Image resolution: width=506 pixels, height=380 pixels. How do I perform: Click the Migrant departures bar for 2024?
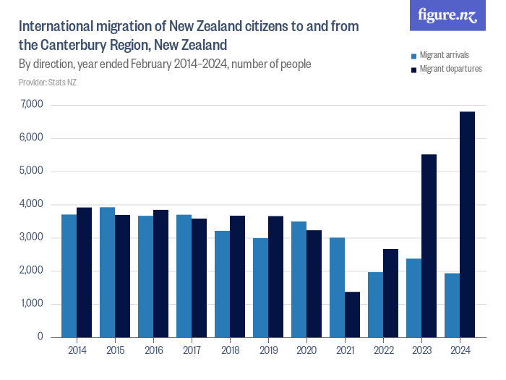467,224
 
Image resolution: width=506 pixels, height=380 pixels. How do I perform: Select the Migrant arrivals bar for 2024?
452,305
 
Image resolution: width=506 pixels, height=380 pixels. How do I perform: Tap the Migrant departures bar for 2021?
352,314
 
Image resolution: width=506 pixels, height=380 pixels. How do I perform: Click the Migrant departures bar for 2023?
429,245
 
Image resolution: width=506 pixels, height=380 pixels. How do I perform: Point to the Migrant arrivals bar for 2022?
375,304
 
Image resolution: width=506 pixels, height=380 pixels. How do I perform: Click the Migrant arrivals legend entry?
442,56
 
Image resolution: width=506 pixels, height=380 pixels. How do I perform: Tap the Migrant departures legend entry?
445,69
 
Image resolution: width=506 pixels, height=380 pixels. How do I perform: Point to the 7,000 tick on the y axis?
33,105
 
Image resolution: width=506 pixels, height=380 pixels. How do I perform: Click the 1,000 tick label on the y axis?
33,304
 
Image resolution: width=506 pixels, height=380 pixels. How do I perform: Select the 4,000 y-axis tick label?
33,205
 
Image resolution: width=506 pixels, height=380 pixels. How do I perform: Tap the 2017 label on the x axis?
191,351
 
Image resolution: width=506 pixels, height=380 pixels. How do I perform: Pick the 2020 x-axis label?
306,351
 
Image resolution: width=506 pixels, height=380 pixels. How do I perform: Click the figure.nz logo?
447,16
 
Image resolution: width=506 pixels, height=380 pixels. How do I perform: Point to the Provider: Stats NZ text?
48,83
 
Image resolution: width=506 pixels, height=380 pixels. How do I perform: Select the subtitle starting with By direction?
165,64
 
